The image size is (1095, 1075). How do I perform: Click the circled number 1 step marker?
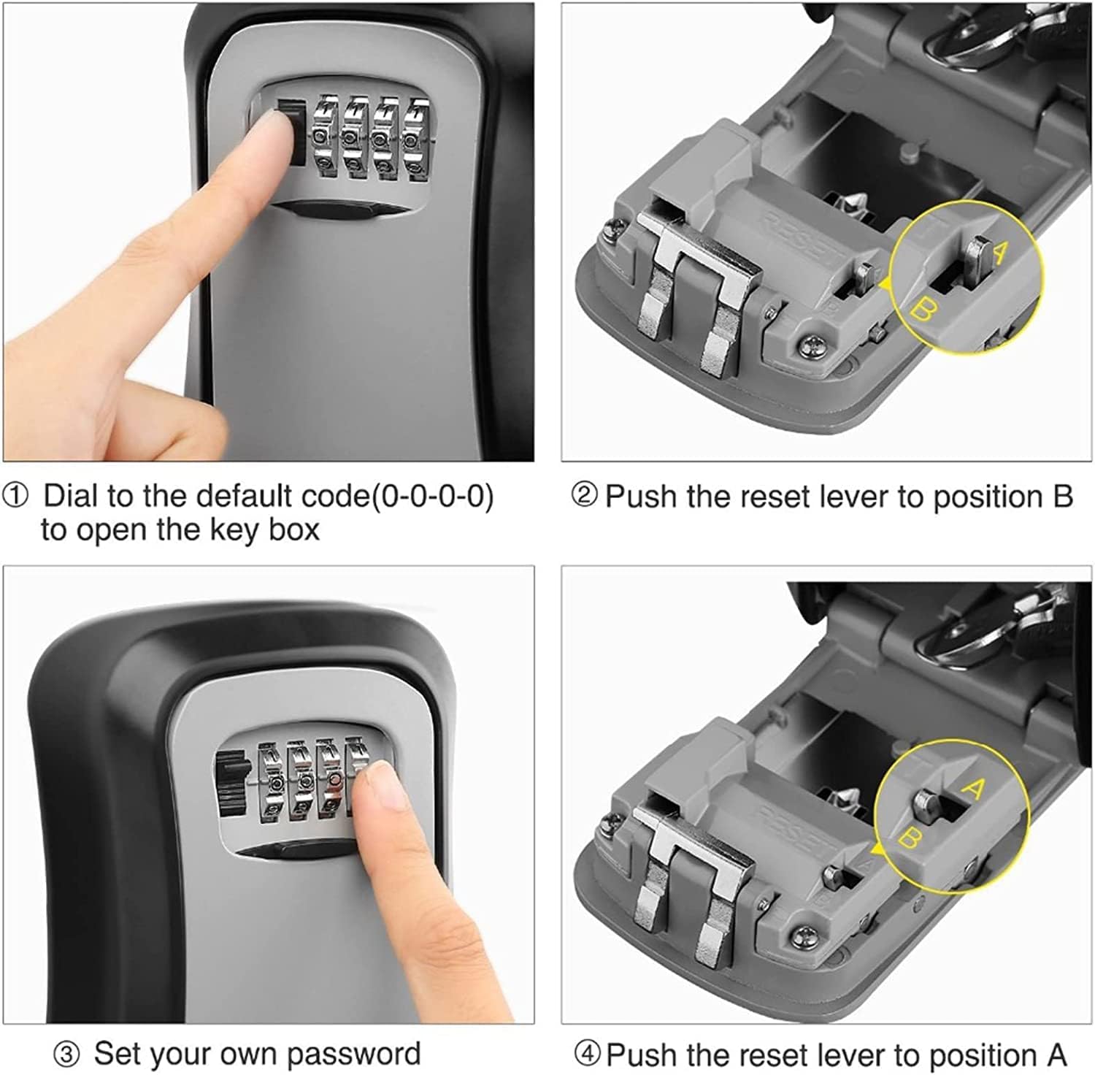16,497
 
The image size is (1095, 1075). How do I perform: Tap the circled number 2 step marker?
583,497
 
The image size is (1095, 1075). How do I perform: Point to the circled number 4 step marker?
587,1055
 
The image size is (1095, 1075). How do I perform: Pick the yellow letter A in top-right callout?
999,252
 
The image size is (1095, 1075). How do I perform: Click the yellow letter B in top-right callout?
922,312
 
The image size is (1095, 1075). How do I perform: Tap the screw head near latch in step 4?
802,933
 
